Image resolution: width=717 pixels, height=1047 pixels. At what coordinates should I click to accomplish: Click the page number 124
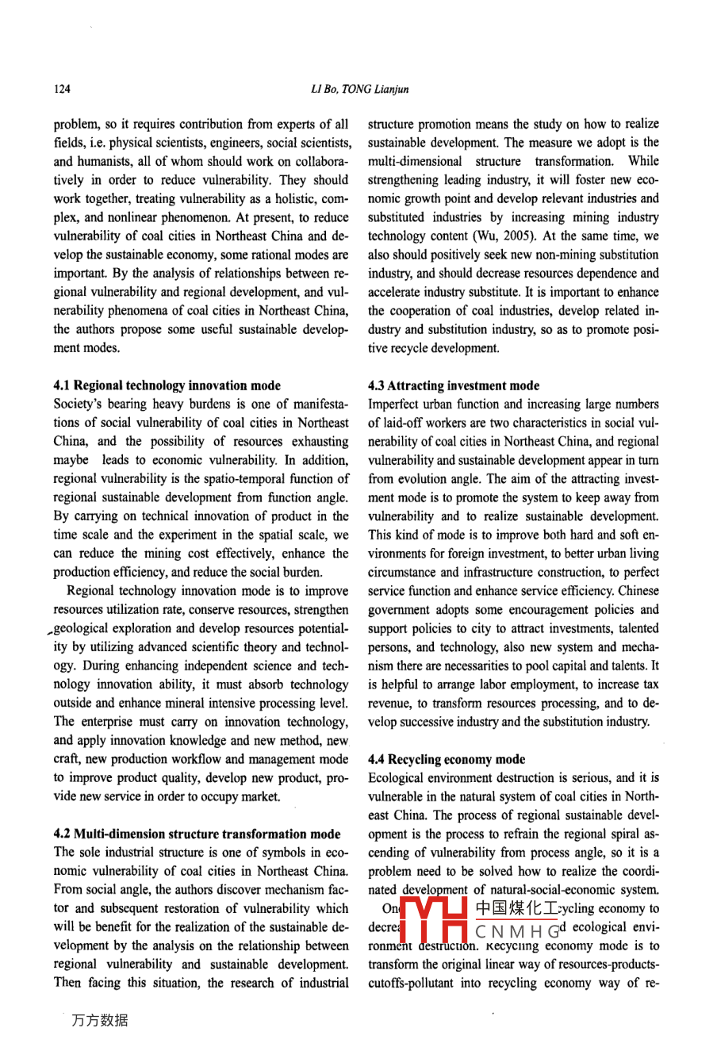62,89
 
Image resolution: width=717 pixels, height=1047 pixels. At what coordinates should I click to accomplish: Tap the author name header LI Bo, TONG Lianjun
359,89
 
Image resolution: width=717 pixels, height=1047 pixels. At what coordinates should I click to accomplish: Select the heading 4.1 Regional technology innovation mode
167,385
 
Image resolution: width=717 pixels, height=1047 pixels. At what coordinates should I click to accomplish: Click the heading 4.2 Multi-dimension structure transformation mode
197,834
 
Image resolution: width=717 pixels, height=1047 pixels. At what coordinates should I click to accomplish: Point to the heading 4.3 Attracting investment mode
454,385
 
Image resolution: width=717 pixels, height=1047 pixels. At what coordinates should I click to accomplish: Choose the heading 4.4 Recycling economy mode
447,759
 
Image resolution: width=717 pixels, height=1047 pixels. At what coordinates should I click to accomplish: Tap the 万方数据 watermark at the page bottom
99,1020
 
